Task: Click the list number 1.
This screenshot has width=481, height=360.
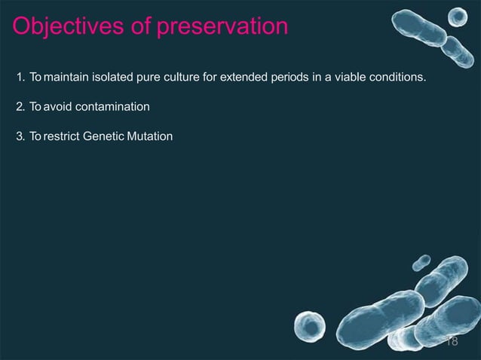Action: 19,77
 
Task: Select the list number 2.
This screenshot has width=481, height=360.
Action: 19,107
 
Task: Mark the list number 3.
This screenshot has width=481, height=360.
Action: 19,137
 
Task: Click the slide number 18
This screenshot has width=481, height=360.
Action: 452,341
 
